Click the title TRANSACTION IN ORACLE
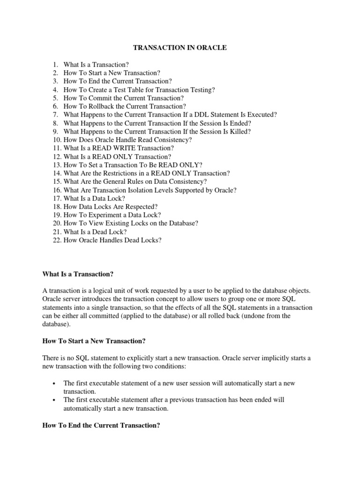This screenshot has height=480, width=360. [180, 48]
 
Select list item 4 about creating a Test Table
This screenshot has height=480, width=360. [139, 90]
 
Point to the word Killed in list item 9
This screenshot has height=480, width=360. [239, 132]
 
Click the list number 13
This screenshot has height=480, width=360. [56, 165]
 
